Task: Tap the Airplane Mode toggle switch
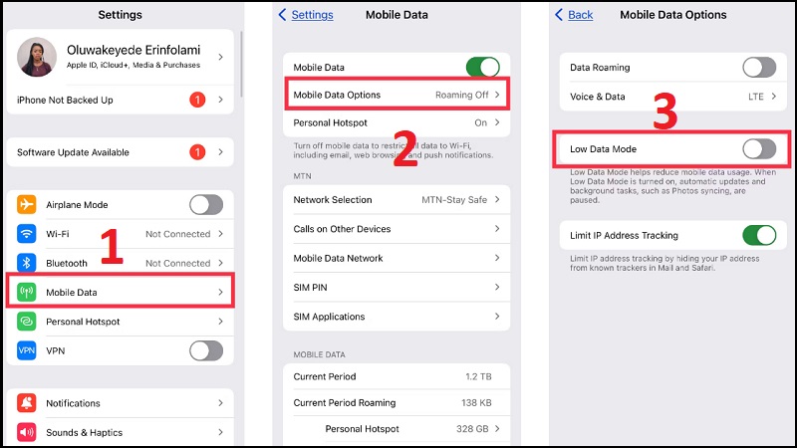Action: (x=206, y=205)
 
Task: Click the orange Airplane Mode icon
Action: (x=27, y=205)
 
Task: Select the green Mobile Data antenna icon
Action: (x=27, y=293)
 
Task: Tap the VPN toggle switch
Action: (x=206, y=350)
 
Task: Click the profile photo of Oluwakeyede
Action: (x=37, y=57)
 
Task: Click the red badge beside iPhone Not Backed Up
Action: (x=196, y=101)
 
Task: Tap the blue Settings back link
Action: (x=306, y=15)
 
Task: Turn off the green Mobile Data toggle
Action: (x=483, y=68)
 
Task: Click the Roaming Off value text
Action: (x=461, y=96)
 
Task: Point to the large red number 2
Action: (x=403, y=146)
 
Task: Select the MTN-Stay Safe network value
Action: (x=454, y=200)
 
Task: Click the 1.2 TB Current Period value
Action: (x=478, y=377)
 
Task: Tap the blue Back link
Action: (x=574, y=15)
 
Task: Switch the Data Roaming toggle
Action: (x=759, y=68)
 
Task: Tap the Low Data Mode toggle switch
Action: (x=759, y=149)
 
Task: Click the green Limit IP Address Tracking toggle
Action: (x=759, y=236)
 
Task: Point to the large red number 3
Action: (x=664, y=113)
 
